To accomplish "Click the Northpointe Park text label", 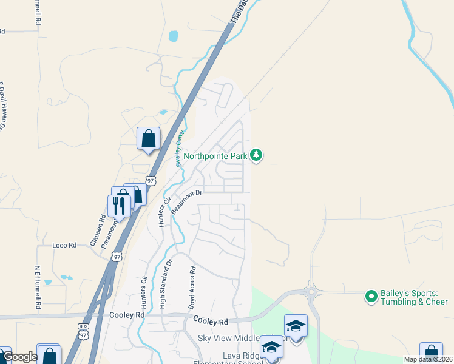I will point(215,156).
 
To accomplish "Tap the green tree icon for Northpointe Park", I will point(257,156).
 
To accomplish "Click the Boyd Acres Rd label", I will point(192,289).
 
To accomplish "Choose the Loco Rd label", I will point(64,245).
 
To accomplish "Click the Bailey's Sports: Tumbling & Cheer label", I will point(413,297).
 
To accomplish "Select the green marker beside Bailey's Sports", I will point(370,297).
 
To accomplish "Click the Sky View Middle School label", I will point(237,337).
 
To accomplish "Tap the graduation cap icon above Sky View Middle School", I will point(296,326).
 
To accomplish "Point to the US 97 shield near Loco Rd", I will point(117,257).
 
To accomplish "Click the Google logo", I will point(19,357).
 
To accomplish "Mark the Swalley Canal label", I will point(179,150).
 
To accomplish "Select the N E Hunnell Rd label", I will point(38,288).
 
